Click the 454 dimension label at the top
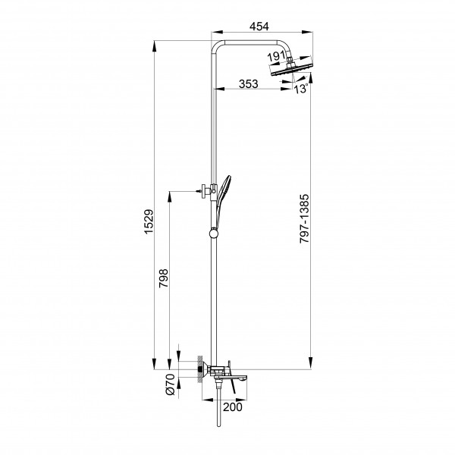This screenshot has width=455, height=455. click(259, 27)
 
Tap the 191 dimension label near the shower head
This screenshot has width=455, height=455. click(276, 56)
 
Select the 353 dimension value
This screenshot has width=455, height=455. click(249, 84)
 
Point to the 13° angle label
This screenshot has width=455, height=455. click(301, 89)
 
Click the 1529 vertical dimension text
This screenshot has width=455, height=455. click(149, 221)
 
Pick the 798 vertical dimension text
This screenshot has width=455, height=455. click(163, 278)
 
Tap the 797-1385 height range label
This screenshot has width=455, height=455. click(304, 219)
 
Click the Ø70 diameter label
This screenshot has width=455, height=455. click(171, 384)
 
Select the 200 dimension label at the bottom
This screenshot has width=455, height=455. click(233, 407)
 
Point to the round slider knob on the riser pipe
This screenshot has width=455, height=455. click(214, 233)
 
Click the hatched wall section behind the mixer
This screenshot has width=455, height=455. click(200, 369)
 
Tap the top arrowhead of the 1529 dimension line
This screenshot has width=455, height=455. click(154, 45)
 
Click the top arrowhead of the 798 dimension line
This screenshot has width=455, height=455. click(169, 196)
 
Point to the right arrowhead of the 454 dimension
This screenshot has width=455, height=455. click(307, 32)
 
